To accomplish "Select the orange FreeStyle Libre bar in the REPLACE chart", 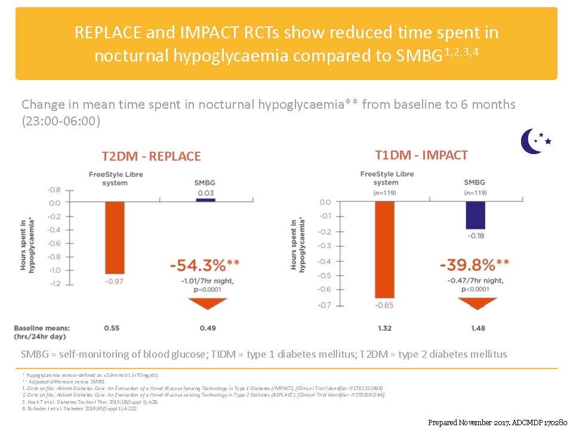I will click(115, 238).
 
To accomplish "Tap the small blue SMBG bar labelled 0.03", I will click(206, 200).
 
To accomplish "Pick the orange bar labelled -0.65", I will click(384, 250).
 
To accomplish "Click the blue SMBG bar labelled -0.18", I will click(475, 216).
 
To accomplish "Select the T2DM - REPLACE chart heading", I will click(151, 156).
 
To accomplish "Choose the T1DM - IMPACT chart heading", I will click(421, 155).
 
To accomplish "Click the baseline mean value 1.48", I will click(475, 328).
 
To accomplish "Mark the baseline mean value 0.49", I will click(206, 328).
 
